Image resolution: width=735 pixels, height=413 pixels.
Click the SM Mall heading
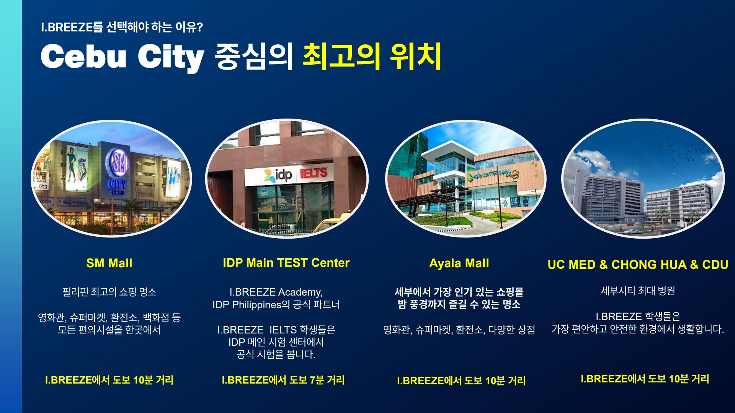[109, 263]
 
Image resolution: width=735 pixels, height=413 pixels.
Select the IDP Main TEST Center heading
[286, 263]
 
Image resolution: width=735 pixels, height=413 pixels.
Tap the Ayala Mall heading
[459, 263]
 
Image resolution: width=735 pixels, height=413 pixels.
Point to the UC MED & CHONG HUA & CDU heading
[638, 265]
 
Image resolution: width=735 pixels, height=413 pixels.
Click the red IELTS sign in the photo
[314, 173]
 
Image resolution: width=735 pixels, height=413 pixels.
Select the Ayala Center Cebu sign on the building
[493, 174]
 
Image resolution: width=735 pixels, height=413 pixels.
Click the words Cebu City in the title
[122, 57]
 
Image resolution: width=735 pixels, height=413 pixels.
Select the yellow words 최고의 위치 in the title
[372, 57]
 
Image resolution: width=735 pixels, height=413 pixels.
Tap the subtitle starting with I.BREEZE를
[122, 27]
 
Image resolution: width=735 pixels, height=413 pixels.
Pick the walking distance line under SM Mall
[109, 380]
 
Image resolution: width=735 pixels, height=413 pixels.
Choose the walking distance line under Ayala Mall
[461, 380]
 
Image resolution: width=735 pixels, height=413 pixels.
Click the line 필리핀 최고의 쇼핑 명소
[109, 292]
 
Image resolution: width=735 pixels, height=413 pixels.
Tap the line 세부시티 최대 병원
[638, 291]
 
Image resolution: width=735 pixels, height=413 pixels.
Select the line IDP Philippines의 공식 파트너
[276, 305]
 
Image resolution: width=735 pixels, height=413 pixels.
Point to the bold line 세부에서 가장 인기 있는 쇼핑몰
[459, 292]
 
